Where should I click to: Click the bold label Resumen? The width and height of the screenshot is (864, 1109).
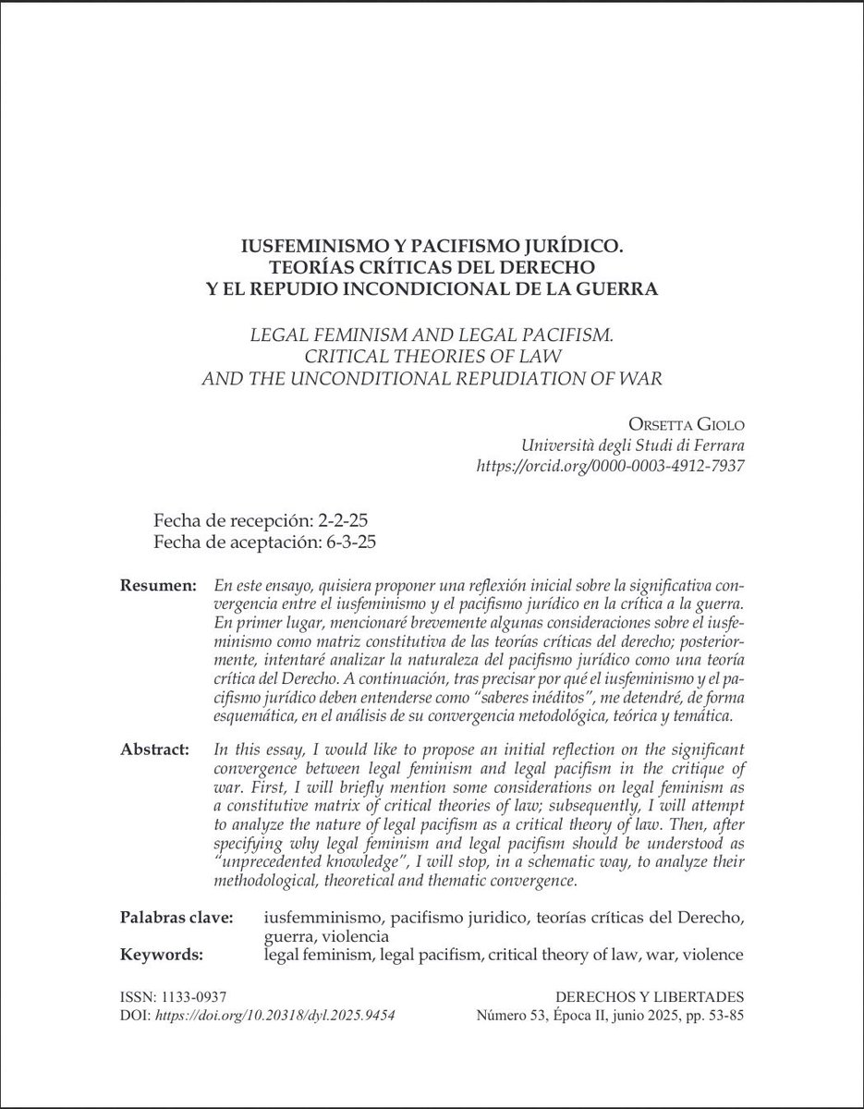coord(158,587)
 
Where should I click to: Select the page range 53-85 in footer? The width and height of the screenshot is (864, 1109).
coord(721,1015)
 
